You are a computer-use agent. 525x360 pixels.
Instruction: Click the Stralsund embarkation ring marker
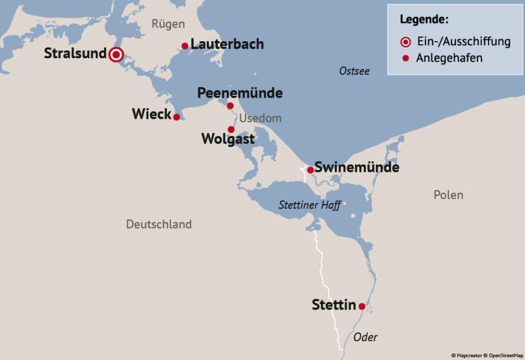click(116, 55)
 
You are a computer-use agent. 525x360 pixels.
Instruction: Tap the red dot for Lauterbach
click(185, 46)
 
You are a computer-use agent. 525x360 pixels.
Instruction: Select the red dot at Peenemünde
click(230, 106)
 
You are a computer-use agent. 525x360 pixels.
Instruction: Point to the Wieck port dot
click(177, 116)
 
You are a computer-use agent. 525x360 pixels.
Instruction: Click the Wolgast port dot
click(231, 129)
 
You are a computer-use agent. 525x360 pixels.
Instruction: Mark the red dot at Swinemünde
click(310, 170)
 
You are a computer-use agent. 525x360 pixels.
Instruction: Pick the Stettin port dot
click(362, 306)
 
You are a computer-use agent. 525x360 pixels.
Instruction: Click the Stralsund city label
click(75, 54)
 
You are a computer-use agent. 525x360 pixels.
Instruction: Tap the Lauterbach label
click(227, 44)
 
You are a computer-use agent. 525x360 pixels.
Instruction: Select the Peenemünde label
click(240, 93)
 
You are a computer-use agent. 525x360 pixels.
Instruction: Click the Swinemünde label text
click(357, 167)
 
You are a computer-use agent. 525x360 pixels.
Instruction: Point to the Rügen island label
click(168, 24)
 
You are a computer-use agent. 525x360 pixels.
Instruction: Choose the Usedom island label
click(260, 118)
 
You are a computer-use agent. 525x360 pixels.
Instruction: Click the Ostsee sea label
click(354, 71)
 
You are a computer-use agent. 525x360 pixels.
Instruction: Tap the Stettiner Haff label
click(310, 205)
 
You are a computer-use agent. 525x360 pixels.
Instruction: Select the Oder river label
click(365, 337)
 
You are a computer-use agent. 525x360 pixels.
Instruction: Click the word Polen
click(448, 195)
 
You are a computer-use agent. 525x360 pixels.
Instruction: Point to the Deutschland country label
click(159, 224)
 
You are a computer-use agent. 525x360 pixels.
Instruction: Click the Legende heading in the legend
click(424, 19)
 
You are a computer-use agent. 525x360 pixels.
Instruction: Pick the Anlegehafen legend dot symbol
click(406, 58)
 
